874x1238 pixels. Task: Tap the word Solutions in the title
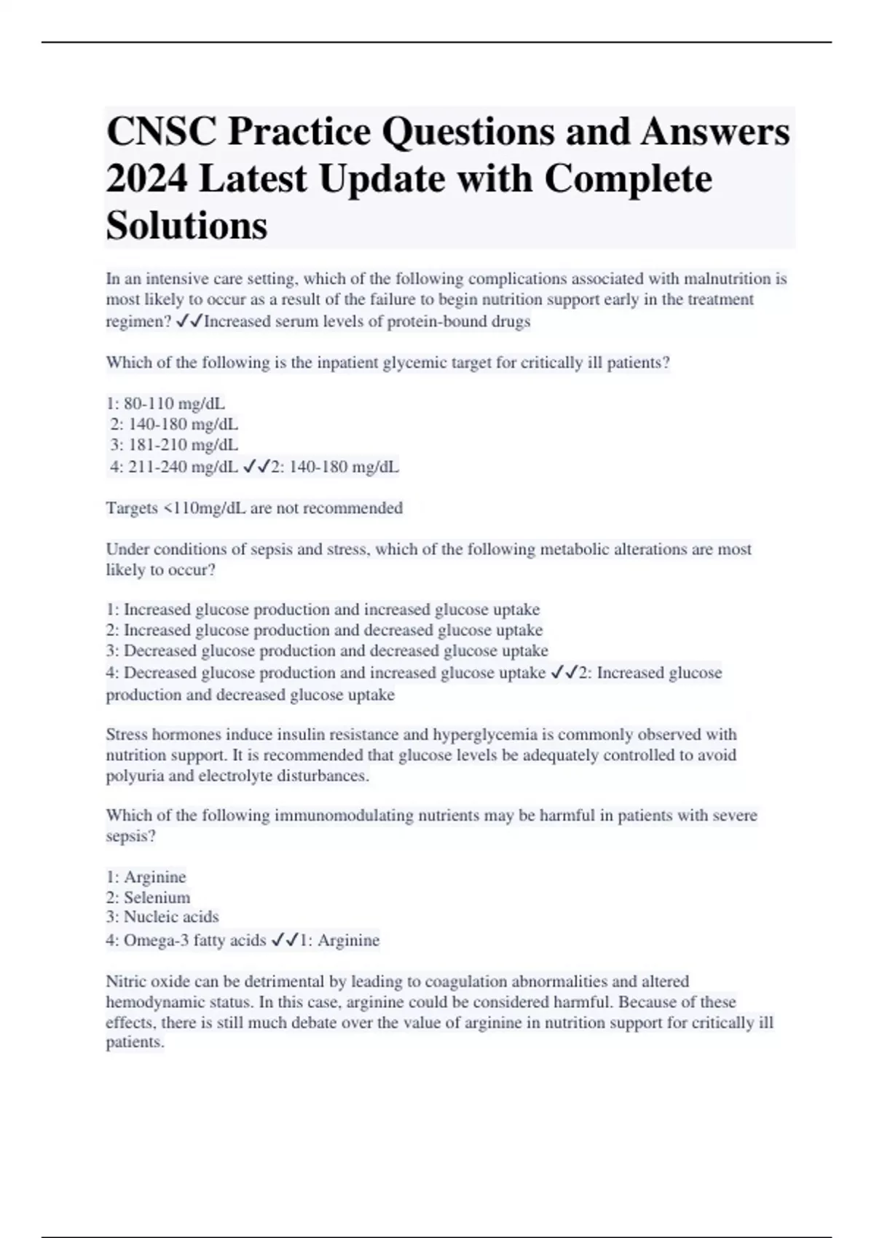click(x=186, y=225)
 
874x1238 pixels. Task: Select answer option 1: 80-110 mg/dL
click(x=165, y=403)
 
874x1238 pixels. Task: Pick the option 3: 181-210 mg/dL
click(x=174, y=444)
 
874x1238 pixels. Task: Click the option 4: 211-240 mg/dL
click(x=174, y=467)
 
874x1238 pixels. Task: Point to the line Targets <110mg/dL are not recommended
click(x=254, y=508)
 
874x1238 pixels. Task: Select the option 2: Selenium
click(x=148, y=897)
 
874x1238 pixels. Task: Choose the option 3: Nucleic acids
click(x=162, y=917)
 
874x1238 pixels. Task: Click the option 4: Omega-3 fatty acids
click(x=186, y=940)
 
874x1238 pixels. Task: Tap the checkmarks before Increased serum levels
click(x=189, y=321)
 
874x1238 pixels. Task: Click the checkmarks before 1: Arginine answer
click(x=284, y=940)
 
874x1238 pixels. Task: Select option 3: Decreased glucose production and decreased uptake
click(x=327, y=650)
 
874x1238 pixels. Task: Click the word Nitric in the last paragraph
click(x=125, y=981)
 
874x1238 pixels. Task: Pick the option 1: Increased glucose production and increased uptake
click(x=323, y=609)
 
